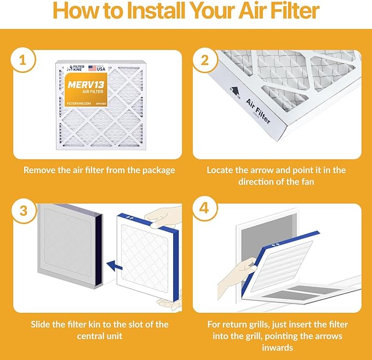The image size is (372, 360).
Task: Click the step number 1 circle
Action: tap(22, 61)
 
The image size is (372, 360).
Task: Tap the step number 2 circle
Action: tap(205, 61)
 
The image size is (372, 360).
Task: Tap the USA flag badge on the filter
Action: tap(100, 67)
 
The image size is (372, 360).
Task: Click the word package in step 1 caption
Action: tap(157, 170)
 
